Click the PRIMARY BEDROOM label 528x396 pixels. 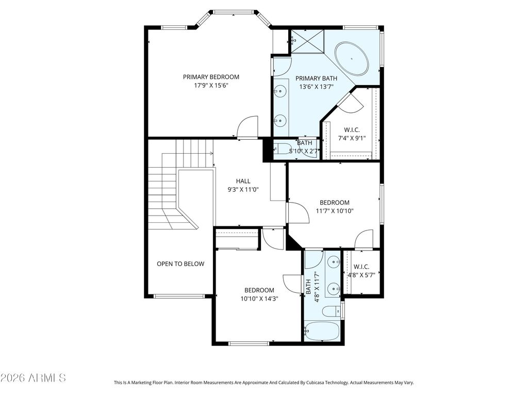(x=211, y=77)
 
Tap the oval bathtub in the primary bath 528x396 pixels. (x=352, y=59)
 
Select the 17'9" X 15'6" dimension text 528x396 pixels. (x=211, y=86)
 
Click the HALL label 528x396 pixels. (x=243, y=181)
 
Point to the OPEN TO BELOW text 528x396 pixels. (x=180, y=263)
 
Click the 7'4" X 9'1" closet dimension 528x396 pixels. (x=352, y=138)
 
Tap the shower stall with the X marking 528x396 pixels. (x=307, y=41)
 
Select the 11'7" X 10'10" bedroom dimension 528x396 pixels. (x=335, y=211)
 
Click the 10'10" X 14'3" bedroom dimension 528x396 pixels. (x=259, y=299)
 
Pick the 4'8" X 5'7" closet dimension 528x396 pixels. (x=361, y=275)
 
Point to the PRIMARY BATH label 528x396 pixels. (x=316, y=78)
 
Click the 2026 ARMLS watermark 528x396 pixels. (x=33, y=378)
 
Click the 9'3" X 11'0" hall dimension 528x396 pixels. (x=243, y=190)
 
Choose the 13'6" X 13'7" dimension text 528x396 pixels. (x=316, y=87)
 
